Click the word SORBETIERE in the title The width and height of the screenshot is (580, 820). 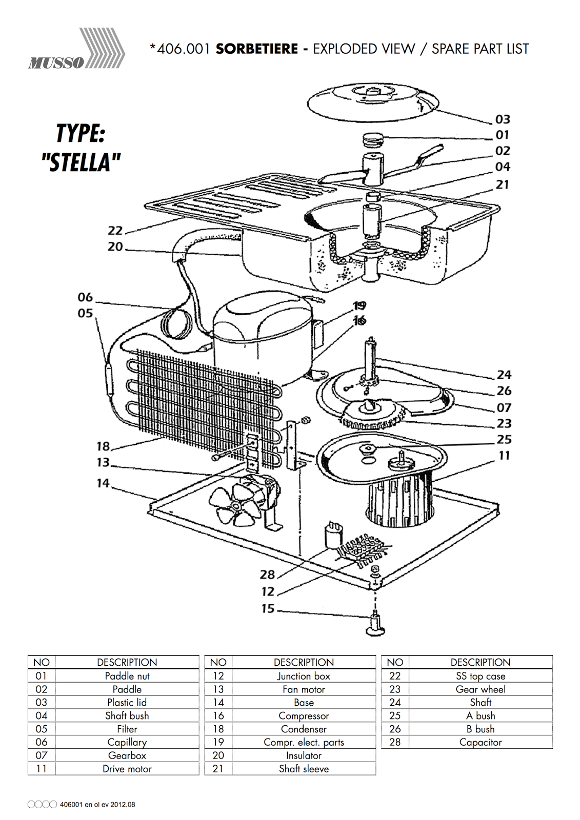[x=256, y=49]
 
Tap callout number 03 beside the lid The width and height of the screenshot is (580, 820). [x=503, y=119]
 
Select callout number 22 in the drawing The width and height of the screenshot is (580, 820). [x=115, y=231]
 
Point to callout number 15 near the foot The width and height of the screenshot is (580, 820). [x=268, y=609]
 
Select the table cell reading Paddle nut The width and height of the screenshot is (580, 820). [x=127, y=676]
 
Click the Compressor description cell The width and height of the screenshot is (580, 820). [x=304, y=716]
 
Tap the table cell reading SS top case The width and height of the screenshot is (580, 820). [x=481, y=676]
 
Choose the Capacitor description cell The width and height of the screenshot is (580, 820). [x=481, y=742]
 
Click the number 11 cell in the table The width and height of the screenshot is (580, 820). [x=42, y=769]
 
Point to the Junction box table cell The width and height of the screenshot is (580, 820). [x=304, y=676]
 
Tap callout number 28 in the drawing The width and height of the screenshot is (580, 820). [x=268, y=575]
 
